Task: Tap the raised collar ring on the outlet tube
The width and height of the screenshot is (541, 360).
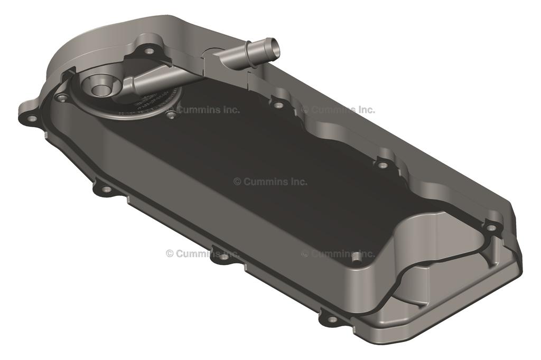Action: pos(248,51)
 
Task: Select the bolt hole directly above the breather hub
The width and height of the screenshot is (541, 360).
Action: pos(149,51)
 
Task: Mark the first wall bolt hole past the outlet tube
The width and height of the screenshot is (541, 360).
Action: pos(279,105)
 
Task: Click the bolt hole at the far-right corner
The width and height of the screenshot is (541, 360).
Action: pos(491,228)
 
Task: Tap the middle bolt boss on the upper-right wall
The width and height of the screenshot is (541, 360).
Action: pos(383,165)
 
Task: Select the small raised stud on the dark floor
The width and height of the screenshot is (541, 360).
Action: pos(356,256)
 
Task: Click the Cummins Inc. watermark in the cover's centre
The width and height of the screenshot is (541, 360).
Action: pos(270,182)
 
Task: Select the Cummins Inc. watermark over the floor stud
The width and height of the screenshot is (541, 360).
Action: pos(338,254)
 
